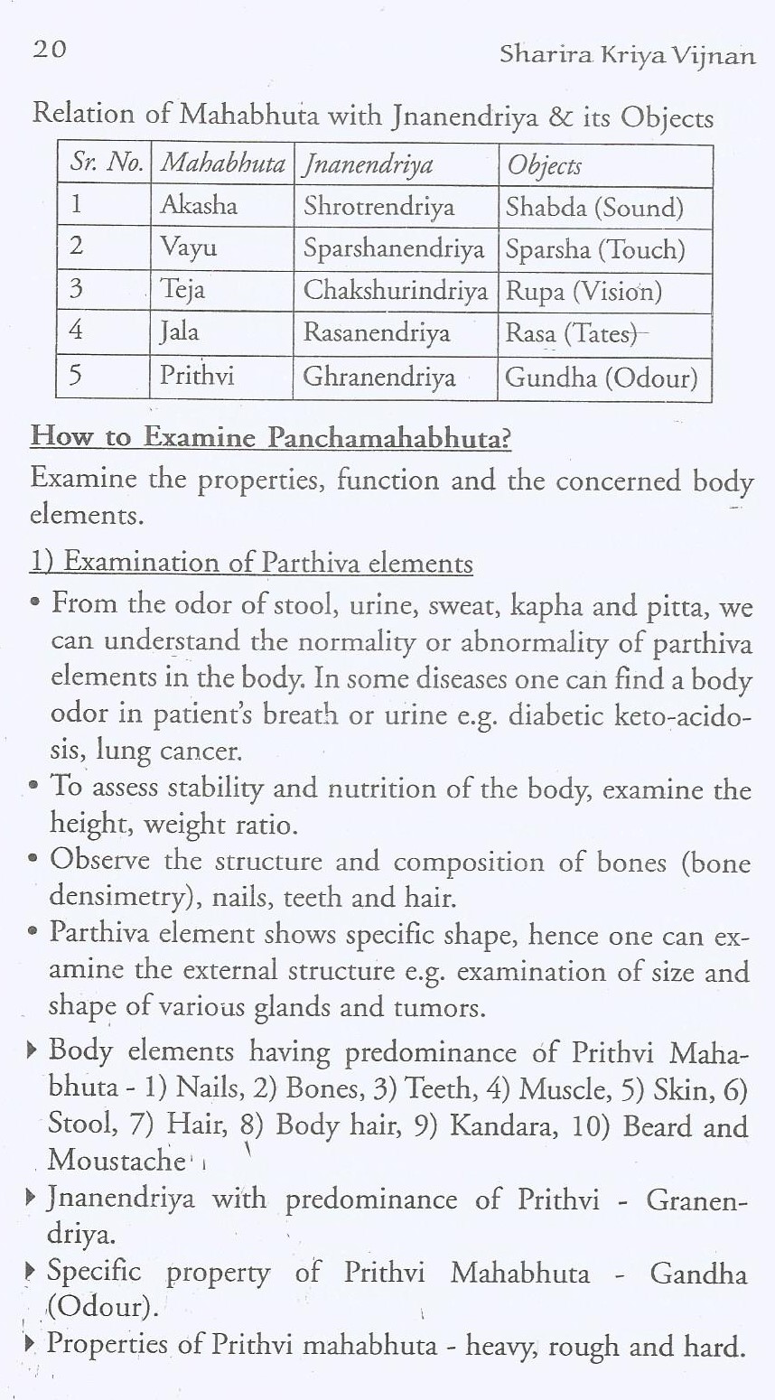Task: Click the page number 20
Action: (49, 49)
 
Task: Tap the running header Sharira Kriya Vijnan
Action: (627, 56)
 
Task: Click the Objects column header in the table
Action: (544, 165)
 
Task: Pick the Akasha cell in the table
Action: (199, 206)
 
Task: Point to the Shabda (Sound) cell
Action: (594, 208)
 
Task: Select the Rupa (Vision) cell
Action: (584, 291)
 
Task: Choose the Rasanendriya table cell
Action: (376, 333)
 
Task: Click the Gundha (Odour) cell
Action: (602, 377)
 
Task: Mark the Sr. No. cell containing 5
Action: (77, 375)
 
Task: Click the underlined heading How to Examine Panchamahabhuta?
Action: (271, 438)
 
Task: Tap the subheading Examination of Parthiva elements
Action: (267, 563)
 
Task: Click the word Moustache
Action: (116, 1159)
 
